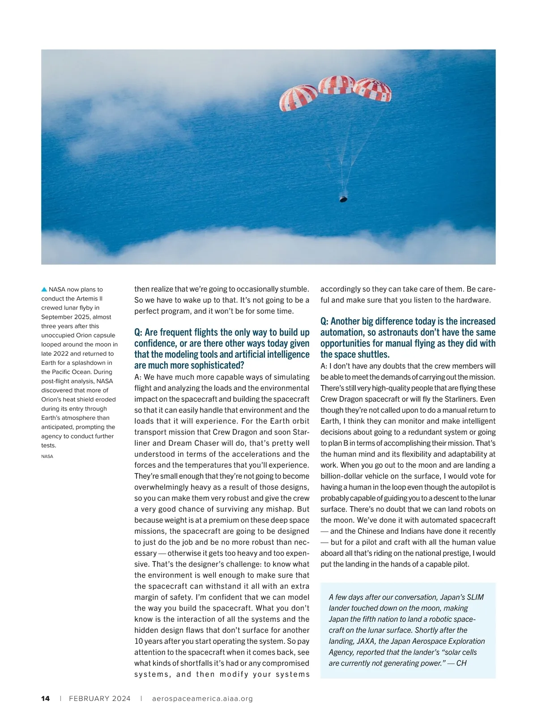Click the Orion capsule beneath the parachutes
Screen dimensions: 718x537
point(343,198)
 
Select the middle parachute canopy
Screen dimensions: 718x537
point(336,84)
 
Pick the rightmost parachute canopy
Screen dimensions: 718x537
point(373,90)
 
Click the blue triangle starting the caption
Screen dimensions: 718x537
point(44,289)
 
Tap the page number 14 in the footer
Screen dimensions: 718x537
point(46,698)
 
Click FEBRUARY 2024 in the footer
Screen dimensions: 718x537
point(100,698)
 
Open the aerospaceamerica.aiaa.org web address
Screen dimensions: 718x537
point(203,698)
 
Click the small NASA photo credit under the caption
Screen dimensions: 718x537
point(47,456)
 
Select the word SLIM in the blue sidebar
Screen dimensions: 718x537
point(474,597)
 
